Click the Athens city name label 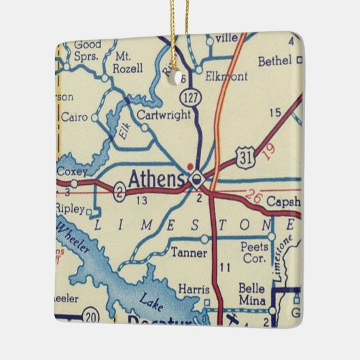point(156,180)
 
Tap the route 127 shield point(194,98)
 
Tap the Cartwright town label point(163,115)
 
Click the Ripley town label point(71,202)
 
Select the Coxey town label point(72,171)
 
